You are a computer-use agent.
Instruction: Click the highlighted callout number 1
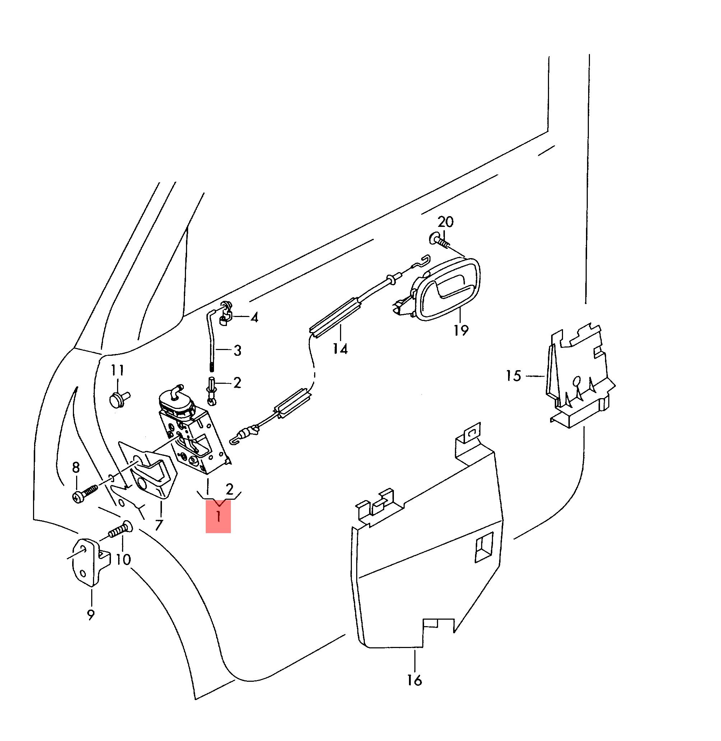point(218,517)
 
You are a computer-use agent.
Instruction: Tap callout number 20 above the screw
point(445,222)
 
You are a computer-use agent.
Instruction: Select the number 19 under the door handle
point(461,330)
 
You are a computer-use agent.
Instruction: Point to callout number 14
point(340,349)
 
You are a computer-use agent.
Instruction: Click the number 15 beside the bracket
point(514,376)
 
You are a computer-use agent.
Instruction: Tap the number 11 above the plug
point(117,370)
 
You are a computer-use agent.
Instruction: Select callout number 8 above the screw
point(76,468)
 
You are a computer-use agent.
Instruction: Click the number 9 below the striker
point(90,615)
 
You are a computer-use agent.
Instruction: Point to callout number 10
point(123,559)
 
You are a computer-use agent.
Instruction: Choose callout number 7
point(159,525)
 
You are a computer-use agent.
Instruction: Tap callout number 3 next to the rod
point(237,350)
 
